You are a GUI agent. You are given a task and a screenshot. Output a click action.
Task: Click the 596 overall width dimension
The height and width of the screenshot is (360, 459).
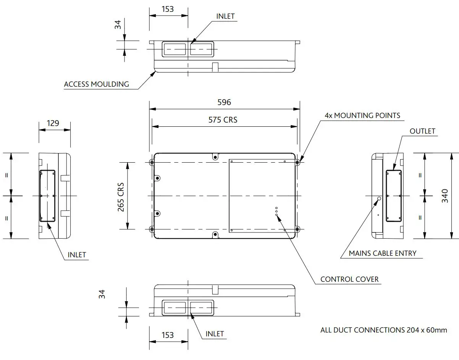tap(224, 102)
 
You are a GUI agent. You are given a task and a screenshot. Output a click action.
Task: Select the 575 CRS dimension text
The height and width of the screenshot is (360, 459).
tap(223, 120)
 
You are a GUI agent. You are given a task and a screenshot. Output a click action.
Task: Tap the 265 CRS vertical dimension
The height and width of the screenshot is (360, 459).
tap(121, 196)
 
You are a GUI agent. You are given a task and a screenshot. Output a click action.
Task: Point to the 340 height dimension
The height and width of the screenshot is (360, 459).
tap(445, 196)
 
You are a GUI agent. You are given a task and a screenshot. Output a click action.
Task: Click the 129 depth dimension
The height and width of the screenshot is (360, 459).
tap(53, 123)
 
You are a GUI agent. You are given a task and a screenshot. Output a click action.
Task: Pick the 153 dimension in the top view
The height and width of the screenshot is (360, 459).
tap(168, 9)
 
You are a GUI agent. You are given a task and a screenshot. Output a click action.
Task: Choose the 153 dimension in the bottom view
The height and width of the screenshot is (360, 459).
tap(168, 335)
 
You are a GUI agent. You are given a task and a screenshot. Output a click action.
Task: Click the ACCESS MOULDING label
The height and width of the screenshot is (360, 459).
tap(96, 84)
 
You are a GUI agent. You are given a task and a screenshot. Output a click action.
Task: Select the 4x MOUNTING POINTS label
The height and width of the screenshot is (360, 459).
tap(362, 115)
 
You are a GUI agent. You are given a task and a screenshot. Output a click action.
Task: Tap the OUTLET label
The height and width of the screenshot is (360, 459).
tap(422, 131)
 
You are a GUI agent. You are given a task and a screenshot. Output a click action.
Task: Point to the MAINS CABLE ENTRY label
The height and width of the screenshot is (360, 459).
tap(383, 253)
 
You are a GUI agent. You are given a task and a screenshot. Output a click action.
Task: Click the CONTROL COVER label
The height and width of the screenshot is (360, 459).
tap(349, 279)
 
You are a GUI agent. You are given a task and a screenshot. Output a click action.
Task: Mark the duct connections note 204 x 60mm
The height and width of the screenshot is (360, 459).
tap(383, 330)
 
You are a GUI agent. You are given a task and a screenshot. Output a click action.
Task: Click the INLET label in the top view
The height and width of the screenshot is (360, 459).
tap(225, 16)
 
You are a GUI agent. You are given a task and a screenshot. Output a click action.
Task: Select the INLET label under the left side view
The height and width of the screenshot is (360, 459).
tap(77, 255)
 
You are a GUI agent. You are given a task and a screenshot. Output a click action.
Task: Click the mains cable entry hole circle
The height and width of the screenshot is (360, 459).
tap(379, 199)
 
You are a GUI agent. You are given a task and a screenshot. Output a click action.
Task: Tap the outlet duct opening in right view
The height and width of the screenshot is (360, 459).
tap(394, 196)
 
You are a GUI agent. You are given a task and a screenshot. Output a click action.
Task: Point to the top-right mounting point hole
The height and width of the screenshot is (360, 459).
tap(297, 162)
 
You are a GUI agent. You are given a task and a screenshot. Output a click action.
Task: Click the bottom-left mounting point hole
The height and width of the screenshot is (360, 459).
tap(152, 229)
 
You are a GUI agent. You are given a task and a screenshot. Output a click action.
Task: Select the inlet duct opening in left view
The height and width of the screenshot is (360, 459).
tap(47, 196)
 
